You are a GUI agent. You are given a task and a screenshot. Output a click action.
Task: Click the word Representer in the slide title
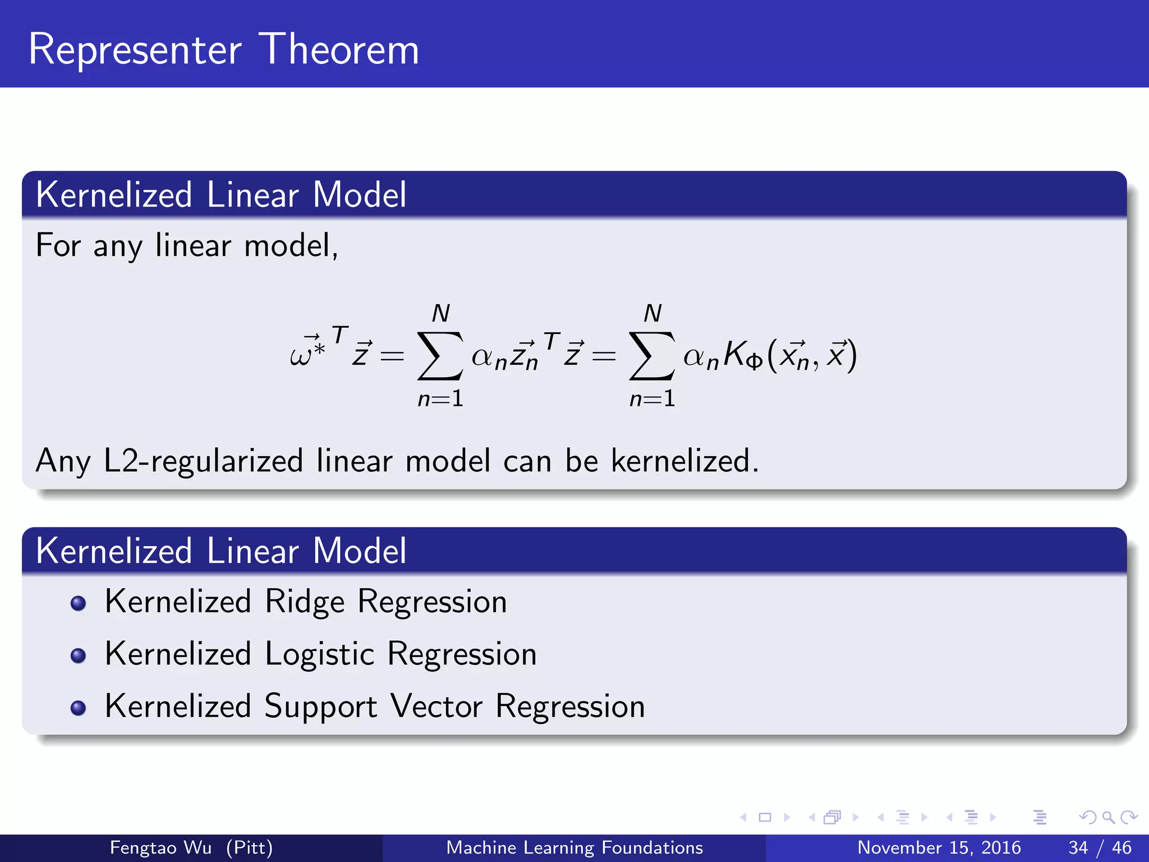(x=135, y=51)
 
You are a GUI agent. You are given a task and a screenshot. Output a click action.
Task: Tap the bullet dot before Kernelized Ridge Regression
(x=79, y=603)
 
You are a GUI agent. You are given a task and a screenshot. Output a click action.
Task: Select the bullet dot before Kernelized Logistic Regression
(x=79, y=655)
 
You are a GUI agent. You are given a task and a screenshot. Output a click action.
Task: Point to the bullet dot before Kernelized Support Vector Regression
(x=79, y=708)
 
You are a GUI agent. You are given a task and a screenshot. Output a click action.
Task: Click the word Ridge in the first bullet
(x=305, y=602)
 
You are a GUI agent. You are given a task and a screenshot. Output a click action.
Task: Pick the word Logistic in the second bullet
(x=319, y=654)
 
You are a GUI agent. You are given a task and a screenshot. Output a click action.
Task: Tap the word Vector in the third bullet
(x=436, y=706)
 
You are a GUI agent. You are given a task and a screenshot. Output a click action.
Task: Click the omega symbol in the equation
(x=301, y=356)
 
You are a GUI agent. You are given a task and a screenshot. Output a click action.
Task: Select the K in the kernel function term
(x=734, y=354)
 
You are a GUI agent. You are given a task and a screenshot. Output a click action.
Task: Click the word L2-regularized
(x=203, y=461)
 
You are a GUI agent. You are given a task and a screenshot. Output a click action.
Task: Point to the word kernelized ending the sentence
(x=684, y=461)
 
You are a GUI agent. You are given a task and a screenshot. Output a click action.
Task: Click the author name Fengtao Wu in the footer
(x=160, y=847)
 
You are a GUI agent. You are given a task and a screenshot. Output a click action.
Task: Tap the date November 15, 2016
(x=939, y=847)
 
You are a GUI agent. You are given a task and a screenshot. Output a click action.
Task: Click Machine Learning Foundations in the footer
(x=574, y=847)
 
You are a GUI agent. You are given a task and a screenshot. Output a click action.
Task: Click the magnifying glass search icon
(x=1108, y=817)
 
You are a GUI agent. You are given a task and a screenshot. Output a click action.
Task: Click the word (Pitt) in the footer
(x=250, y=847)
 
